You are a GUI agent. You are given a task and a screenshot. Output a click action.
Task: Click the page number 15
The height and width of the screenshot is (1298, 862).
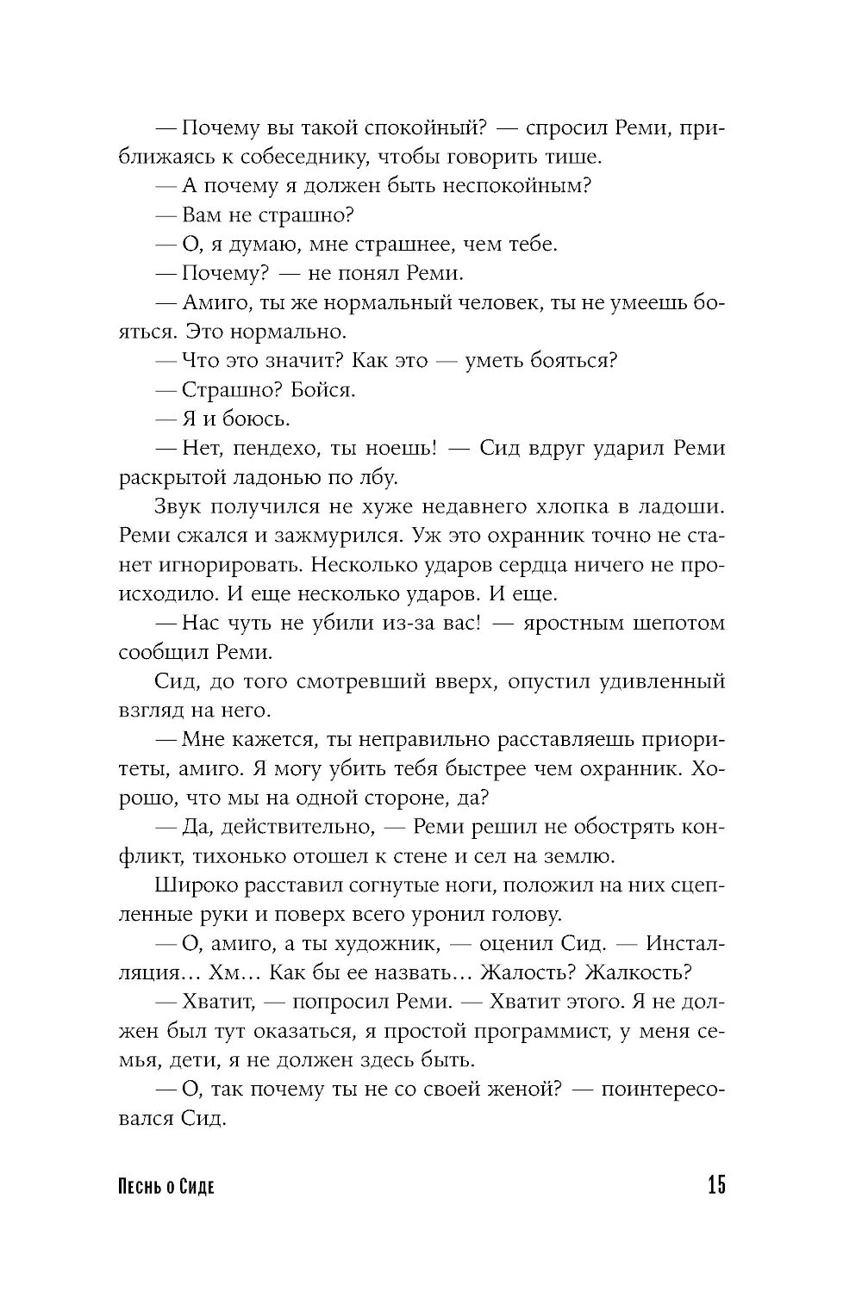(715, 1186)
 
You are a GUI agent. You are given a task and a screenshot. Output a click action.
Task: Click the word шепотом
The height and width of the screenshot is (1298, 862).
(668, 623)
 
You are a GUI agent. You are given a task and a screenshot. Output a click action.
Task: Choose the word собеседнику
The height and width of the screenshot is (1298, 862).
(284, 157)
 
